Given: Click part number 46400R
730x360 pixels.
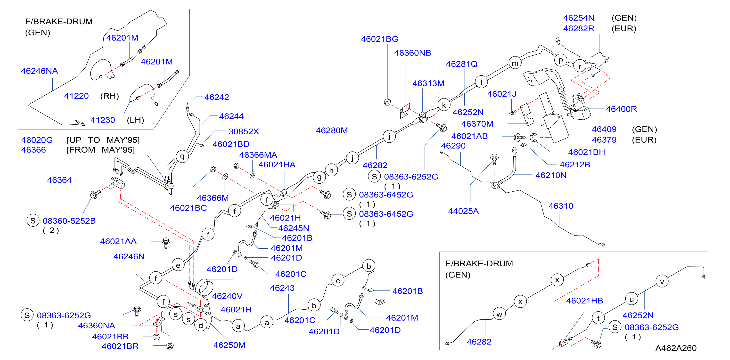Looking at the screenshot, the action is [x=621, y=109].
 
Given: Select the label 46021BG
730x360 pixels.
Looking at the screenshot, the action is [x=380, y=39].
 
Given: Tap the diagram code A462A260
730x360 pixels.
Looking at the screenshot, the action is [x=676, y=348].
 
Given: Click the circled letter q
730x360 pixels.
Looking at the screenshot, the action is [x=182, y=156].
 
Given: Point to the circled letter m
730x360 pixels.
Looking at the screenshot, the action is [x=515, y=63].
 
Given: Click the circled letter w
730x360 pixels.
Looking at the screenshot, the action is [x=499, y=314].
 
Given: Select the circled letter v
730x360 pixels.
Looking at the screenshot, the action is [x=662, y=281].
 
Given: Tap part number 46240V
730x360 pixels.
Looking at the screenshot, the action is [x=227, y=296].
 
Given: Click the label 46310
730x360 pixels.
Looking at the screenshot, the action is [x=561, y=206].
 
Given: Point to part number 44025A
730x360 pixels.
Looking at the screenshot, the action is [x=464, y=211].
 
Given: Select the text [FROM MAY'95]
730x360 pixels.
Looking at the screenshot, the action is [x=101, y=150].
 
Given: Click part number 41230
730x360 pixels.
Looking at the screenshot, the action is [x=103, y=120].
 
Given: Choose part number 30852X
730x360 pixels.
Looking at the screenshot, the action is [x=244, y=131].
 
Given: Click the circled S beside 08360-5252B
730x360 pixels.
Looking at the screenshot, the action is [x=33, y=221].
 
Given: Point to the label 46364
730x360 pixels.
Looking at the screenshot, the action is [x=59, y=180].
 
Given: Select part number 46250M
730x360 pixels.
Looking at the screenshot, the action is [x=229, y=345].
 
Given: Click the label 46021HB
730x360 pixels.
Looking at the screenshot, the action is [x=585, y=301].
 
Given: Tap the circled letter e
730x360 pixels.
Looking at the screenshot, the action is [x=178, y=265].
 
